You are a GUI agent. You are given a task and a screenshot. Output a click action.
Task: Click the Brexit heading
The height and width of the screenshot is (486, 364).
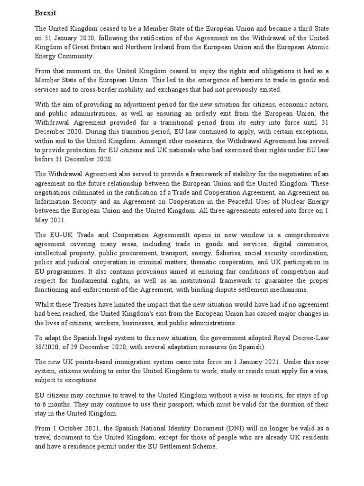[x=45, y=13]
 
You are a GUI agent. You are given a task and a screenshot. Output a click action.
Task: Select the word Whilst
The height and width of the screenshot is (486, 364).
[x=45, y=304]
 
